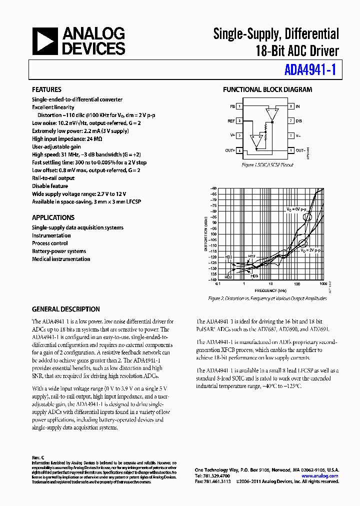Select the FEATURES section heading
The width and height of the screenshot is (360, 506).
[x=46, y=89]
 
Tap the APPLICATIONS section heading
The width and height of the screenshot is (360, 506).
[x=53, y=217]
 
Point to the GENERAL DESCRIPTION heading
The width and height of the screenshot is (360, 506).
[x=65, y=309]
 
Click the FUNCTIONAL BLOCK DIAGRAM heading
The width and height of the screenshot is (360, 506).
[x=267, y=89]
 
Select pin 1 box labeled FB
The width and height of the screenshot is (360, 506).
[x=240, y=106]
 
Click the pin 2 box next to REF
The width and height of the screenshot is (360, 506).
[x=240, y=121]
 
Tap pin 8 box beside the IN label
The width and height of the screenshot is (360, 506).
[x=290, y=106]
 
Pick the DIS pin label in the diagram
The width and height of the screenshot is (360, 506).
[x=298, y=121]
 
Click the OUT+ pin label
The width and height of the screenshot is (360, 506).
[x=230, y=150]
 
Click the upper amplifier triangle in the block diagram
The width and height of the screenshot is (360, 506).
[x=271, y=114]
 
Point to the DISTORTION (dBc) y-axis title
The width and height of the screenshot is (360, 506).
[x=205, y=232]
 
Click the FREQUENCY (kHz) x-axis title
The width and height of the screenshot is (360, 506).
[x=270, y=290]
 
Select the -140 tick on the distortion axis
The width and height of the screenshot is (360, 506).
[x=213, y=279]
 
